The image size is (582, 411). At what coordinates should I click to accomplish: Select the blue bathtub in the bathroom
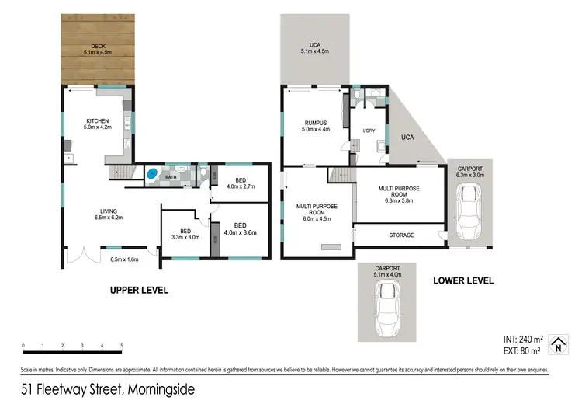click(153, 174)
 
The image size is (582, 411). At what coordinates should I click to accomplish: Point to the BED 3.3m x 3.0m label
click(185, 234)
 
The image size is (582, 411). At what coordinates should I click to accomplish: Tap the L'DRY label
click(369, 131)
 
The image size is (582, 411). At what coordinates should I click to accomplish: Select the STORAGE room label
click(400, 235)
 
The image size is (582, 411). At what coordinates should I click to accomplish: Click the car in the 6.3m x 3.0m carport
click(469, 213)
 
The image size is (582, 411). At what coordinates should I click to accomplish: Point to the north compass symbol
click(556, 344)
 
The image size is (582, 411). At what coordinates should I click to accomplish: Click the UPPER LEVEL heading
click(140, 291)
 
